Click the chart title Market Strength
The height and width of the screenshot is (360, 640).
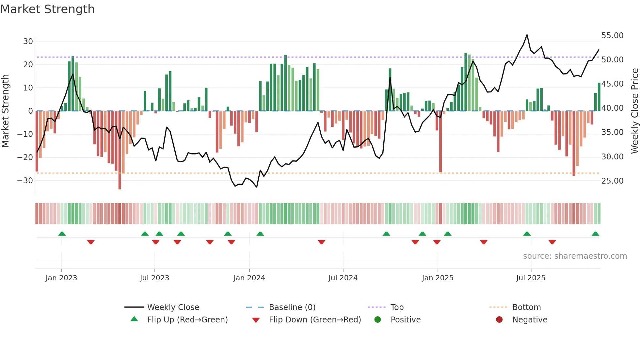(x=47, y=9)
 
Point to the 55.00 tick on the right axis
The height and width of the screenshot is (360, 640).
(x=612, y=36)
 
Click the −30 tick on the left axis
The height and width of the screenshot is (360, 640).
(x=25, y=181)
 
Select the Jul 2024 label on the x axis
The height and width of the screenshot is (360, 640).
(x=343, y=278)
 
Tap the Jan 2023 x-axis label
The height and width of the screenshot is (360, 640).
(x=61, y=278)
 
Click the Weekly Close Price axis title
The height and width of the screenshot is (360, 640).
(x=634, y=111)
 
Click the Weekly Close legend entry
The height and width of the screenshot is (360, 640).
(x=173, y=307)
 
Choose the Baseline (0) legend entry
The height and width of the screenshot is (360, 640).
(x=292, y=307)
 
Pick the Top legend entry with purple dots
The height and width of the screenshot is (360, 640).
(x=397, y=307)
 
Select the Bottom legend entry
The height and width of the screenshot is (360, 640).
(x=526, y=307)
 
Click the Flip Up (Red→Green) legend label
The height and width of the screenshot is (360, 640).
(x=187, y=320)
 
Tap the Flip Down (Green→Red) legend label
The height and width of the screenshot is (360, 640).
(x=315, y=320)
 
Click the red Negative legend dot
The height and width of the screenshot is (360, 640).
(x=499, y=319)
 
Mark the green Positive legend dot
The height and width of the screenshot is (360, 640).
(x=377, y=319)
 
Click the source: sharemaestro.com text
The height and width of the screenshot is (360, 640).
(x=575, y=256)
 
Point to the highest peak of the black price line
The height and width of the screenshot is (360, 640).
(x=527, y=35)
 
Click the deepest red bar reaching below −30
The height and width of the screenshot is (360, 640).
(x=120, y=183)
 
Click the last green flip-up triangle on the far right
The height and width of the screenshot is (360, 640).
(x=595, y=234)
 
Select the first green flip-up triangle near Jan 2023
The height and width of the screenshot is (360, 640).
(x=62, y=234)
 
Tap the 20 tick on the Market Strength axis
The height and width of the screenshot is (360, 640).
(x=28, y=65)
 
